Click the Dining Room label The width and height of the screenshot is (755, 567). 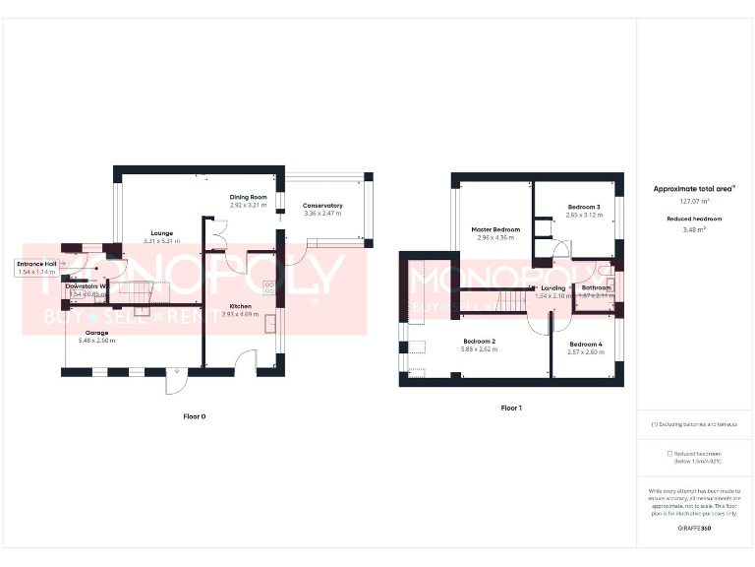pyautogui.click(x=249, y=197)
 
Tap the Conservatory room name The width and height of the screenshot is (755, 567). pyautogui.click(x=322, y=206)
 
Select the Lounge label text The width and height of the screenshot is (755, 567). pyautogui.click(x=162, y=233)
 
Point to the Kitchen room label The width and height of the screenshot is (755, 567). pyautogui.click(x=241, y=306)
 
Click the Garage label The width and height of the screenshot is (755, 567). pyautogui.click(x=96, y=333)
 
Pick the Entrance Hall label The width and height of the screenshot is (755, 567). pyautogui.click(x=36, y=264)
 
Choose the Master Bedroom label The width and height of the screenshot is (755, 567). pyautogui.click(x=494, y=229)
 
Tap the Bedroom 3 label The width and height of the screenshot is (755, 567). pyautogui.click(x=584, y=207)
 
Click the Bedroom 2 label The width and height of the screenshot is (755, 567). pyautogui.click(x=480, y=341)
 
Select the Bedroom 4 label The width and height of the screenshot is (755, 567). pyautogui.click(x=585, y=344)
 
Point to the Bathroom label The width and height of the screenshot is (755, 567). pyautogui.click(x=597, y=287)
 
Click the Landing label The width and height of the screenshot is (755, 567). pyautogui.click(x=553, y=287)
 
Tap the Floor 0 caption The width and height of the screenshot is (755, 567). pyautogui.click(x=195, y=416)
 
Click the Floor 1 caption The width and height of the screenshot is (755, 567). pyautogui.click(x=511, y=407)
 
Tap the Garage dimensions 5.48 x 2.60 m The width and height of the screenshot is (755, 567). pyautogui.click(x=96, y=341)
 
